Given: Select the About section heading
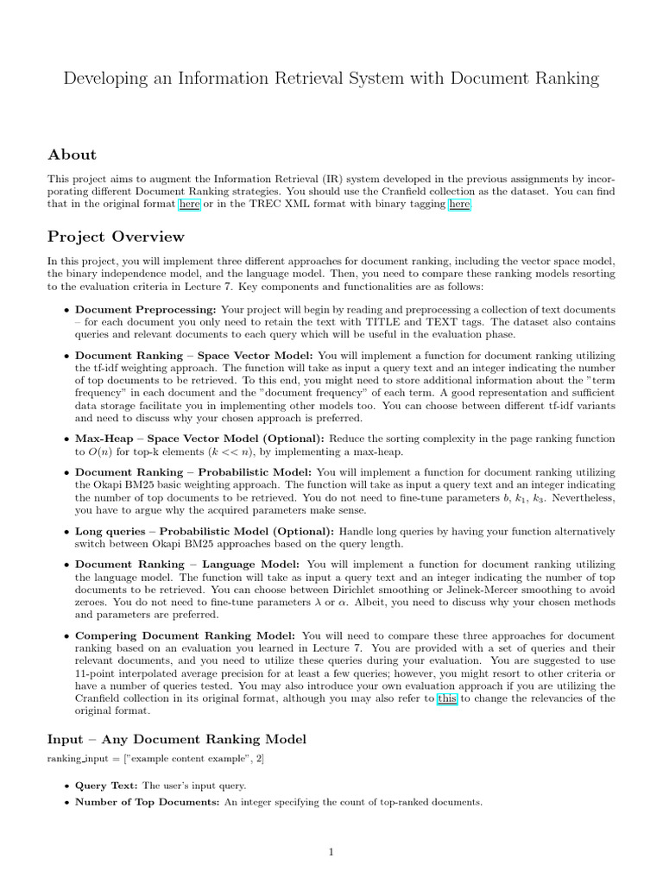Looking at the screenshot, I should pos(72,155).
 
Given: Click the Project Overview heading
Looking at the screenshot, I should pos(116,237).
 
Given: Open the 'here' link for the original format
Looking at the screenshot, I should pos(189,205).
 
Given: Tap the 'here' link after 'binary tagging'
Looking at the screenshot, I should pos(460,205).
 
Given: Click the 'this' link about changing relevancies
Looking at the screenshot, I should pos(446,699).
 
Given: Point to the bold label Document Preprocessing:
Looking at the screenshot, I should pos(146,309).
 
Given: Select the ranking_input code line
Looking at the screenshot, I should pos(156,759).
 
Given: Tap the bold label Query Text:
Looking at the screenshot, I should pos(107,786).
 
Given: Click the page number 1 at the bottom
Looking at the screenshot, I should pos(331,853).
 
